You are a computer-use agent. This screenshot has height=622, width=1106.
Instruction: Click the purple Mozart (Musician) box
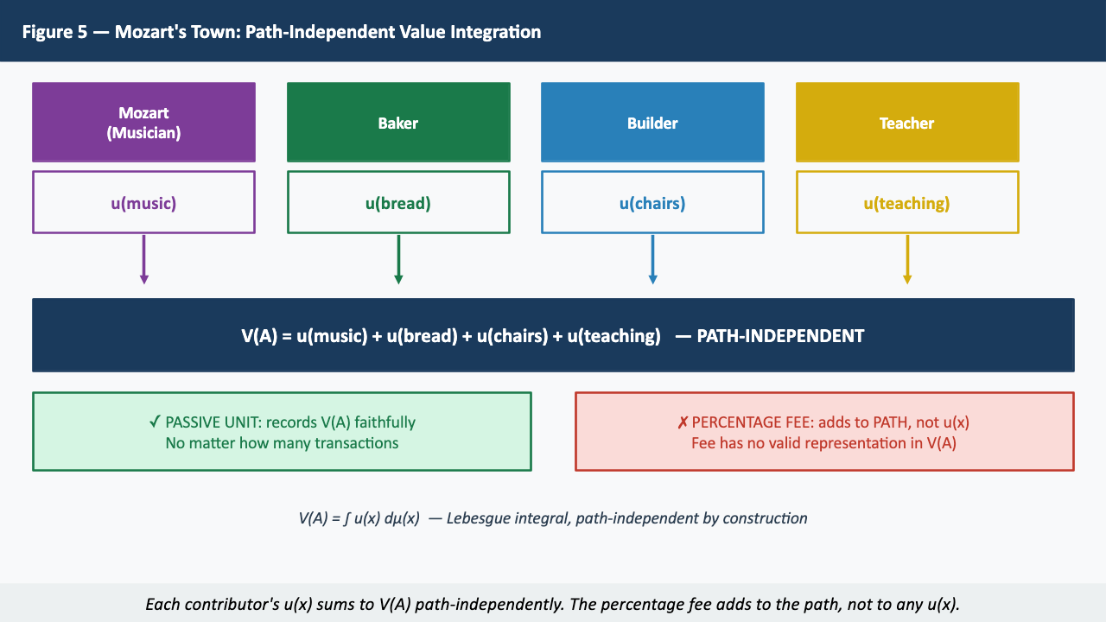tap(143, 123)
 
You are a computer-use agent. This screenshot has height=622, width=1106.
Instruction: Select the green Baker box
tap(398, 123)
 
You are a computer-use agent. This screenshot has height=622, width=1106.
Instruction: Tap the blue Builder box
tap(652, 123)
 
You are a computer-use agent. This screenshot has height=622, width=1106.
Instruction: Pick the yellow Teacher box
tap(907, 123)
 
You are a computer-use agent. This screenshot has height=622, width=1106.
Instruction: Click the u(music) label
tap(143, 204)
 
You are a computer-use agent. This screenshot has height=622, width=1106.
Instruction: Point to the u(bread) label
tap(398, 204)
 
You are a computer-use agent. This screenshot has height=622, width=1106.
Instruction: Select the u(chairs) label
tap(652, 204)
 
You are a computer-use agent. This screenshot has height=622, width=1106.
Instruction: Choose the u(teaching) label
tap(907, 204)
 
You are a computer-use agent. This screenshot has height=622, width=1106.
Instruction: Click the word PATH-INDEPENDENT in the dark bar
tap(780, 336)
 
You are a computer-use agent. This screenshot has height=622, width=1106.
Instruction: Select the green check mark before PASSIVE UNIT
tap(155, 422)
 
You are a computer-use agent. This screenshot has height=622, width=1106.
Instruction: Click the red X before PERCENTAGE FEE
tap(683, 422)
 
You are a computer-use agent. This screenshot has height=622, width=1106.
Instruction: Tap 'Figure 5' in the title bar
tap(54, 33)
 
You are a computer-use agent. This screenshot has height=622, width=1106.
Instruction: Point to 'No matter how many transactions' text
tap(282, 443)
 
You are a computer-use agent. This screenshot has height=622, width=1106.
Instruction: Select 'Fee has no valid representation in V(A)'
tap(824, 443)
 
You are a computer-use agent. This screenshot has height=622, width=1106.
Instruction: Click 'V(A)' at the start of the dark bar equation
tap(259, 336)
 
